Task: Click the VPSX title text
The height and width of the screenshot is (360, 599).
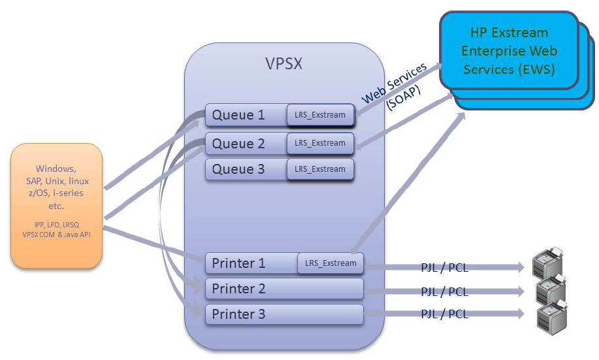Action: point(284,63)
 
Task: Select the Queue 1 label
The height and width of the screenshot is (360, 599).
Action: point(238,115)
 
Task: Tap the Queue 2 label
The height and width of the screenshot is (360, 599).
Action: point(238,144)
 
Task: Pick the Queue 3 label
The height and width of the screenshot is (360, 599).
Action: point(238,169)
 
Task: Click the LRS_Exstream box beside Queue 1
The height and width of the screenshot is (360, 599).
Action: point(320,114)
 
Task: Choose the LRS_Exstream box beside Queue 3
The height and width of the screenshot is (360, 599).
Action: point(320,169)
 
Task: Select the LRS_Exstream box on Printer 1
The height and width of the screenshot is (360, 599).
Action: point(331,263)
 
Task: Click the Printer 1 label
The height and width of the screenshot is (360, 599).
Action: point(239,263)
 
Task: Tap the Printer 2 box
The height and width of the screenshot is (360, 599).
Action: point(284,289)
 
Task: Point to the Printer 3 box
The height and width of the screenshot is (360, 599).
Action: point(284,314)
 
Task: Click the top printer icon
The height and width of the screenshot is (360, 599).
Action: point(548,263)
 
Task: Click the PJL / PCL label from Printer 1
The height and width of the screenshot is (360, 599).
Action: point(445,267)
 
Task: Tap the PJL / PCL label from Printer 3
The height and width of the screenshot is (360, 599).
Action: point(445,314)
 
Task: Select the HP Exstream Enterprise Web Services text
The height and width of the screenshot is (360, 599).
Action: point(510,51)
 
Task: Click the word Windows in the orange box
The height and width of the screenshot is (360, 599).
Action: point(56,169)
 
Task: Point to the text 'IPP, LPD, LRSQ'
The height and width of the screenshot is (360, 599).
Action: point(57,225)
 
